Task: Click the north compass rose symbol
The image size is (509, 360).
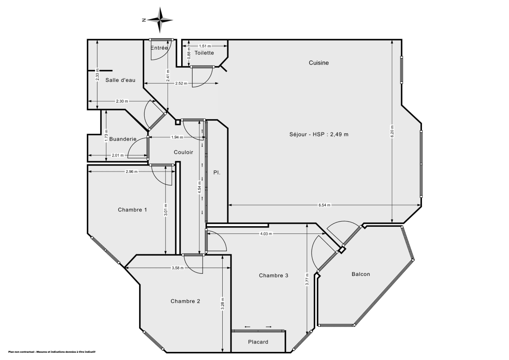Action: click(x=159, y=20)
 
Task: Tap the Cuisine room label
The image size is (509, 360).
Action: click(x=319, y=63)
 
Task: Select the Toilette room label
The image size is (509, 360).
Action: click(x=204, y=53)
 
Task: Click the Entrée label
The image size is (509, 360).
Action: click(x=159, y=48)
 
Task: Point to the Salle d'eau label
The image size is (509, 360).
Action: click(x=120, y=80)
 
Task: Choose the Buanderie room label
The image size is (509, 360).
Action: click(x=123, y=139)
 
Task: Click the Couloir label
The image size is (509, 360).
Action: click(x=183, y=152)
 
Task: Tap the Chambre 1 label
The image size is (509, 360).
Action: click(x=132, y=210)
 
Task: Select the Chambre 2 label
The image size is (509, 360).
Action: click(x=185, y=301)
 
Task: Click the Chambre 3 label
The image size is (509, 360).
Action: click(x=274, y=276)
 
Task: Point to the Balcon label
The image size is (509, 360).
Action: click(x=361, y=274)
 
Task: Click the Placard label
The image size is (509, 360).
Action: click(x=258, y=342)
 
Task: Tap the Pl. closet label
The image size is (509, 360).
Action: click(x=217, y=173)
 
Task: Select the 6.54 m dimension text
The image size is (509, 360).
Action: click(x=324, y=205)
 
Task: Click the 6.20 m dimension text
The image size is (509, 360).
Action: click(x=392, y=130)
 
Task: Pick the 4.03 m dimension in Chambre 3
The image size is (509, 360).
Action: click(x=266, y=234)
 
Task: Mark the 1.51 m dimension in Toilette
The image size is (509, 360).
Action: click(x=205, y=46)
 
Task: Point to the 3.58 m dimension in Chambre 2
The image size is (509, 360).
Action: click(x=177, y=268)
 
